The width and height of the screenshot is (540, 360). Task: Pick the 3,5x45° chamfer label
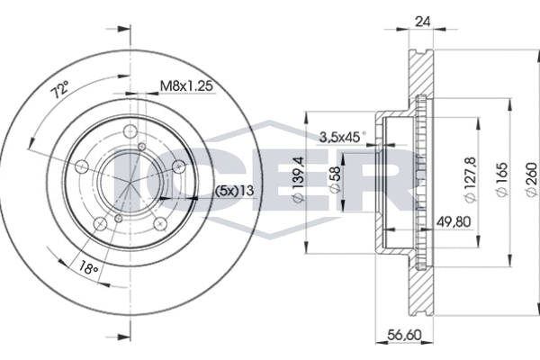click(x=343, y=137)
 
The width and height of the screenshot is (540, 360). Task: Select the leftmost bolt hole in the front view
click(x=81, y=166)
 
